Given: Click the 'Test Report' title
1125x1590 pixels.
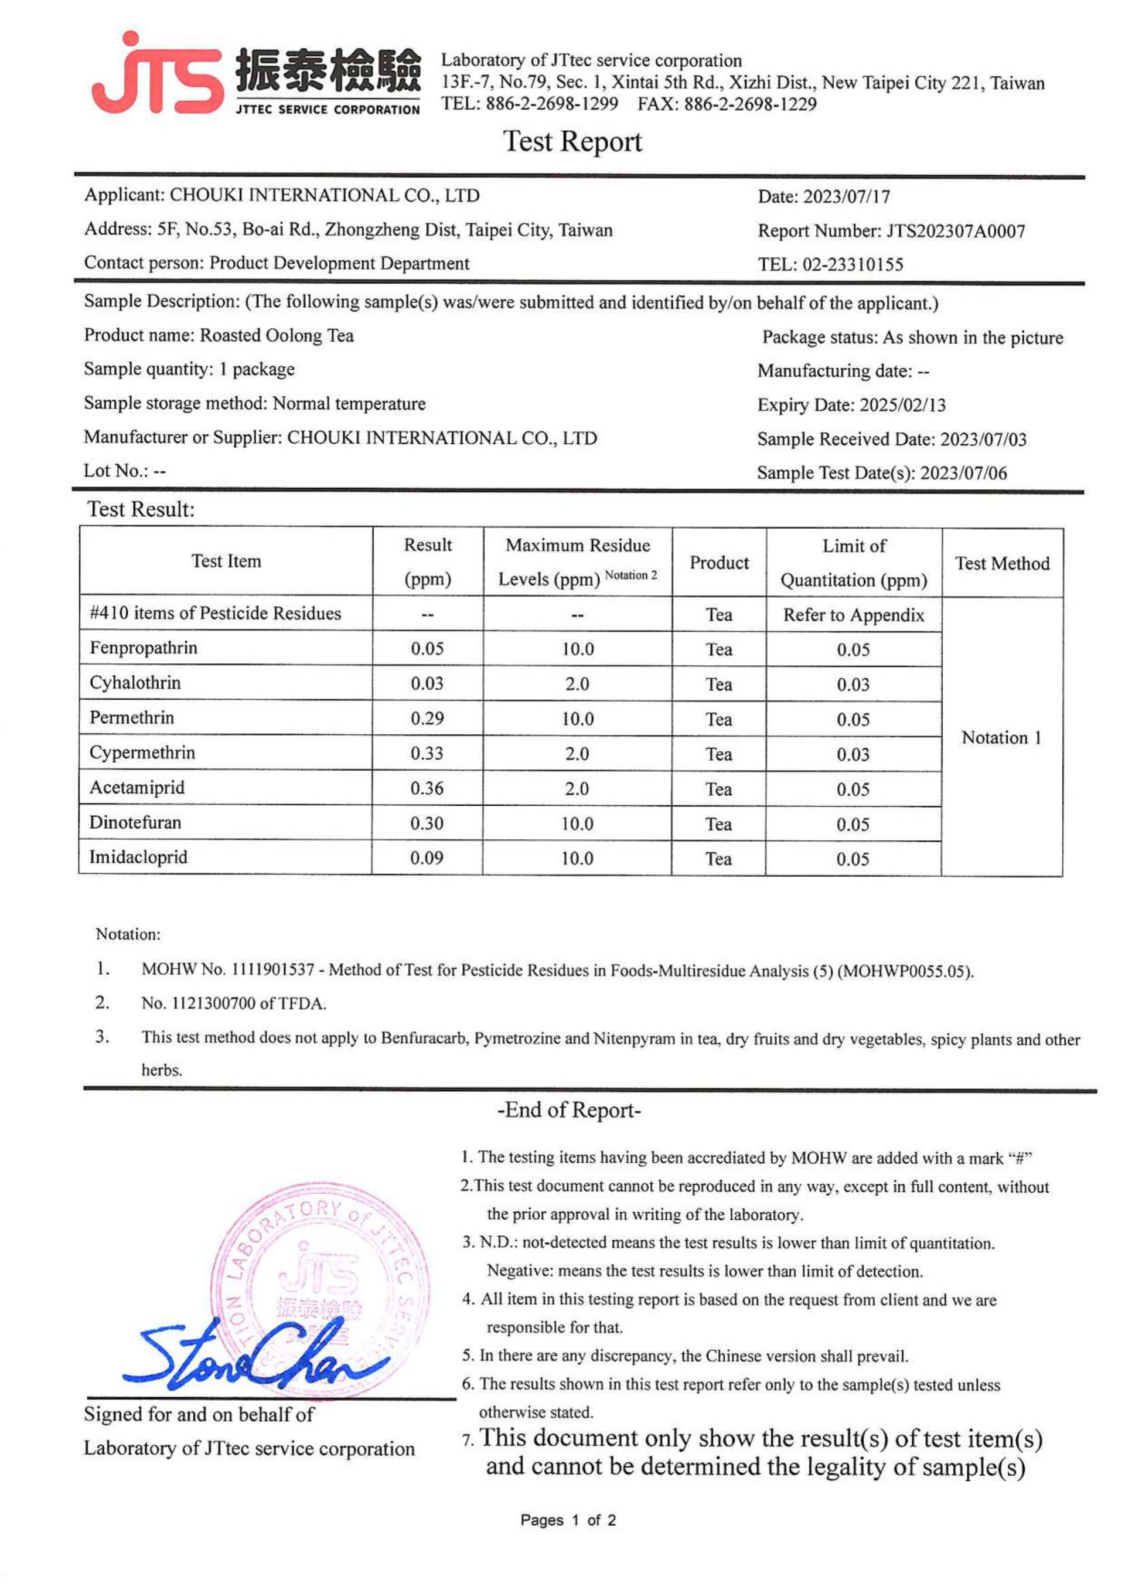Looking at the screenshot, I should (x=572, y=141).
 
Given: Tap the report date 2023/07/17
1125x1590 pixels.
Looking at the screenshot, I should (x=847, y=198).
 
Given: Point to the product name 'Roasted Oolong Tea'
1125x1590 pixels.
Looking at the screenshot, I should (x=277, y=336).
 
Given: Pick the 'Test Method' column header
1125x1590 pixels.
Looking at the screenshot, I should (x=1002, y=563).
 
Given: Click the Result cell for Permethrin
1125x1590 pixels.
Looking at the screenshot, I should (x=427, y=719).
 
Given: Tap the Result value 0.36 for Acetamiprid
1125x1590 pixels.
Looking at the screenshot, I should (x=427, y=788).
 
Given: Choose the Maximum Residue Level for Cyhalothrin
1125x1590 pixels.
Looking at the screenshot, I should (x=577, y=685).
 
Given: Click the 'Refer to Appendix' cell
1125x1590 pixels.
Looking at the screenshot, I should (x=854, y=615).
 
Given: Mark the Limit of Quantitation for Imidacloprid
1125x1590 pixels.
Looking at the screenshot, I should (x=852, y=860).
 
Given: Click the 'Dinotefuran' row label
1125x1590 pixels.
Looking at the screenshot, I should (x=135, y=823).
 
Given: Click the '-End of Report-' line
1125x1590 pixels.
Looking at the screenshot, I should (x=569, y=1111).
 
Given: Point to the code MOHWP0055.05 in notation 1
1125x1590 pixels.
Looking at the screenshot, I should (x=904, y=971).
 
